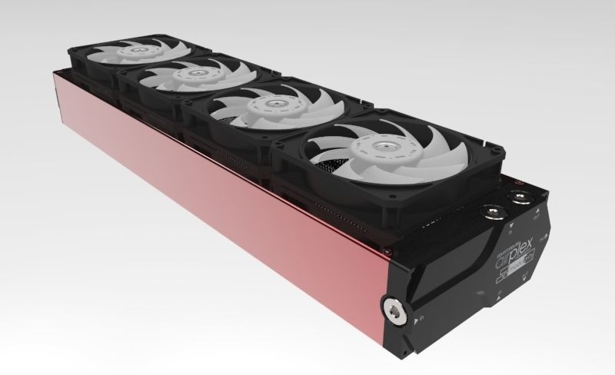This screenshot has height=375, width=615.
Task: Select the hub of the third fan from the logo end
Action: pos(184,75)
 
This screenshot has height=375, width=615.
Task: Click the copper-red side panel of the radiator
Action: pos(215,207)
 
